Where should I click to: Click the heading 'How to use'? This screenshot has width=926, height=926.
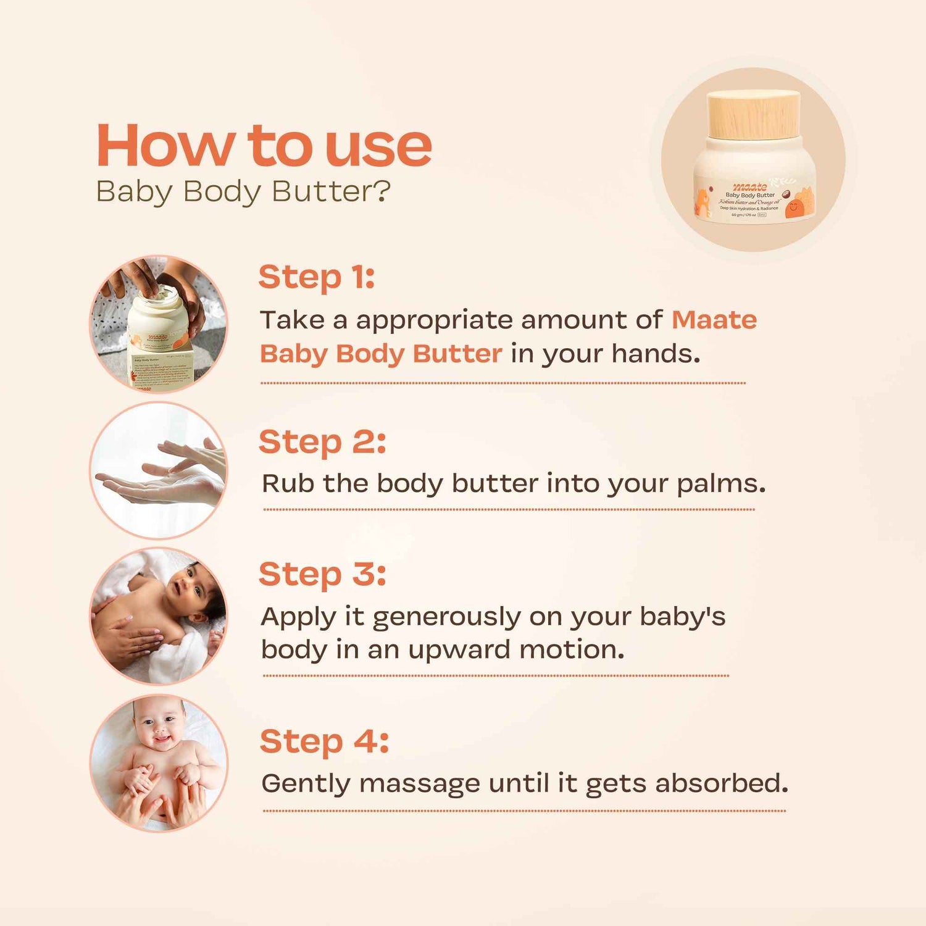pyautogui.click(x=264, y=146)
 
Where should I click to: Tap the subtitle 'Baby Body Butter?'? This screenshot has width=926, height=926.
pyautogui.click(x=243, y=191)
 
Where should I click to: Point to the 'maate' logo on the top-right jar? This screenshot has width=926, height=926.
pyautogui.click(x=749, y=186)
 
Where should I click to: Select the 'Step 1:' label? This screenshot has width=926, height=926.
pyautogui.click(x=316, y=277)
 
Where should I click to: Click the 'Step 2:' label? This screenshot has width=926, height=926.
pyautogui.click(x=322, y=442)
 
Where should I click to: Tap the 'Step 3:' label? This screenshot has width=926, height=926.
pyautogui.click(x=322, y=574)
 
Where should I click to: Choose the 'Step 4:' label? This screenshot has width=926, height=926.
pyautogui.click(x=324, y=741)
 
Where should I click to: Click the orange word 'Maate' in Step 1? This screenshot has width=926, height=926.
pyautogui.click(x=714, y=320)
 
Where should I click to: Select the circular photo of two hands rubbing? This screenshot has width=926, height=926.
pyautogui.click(x=159, y=470)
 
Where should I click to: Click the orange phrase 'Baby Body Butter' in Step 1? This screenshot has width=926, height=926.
pyautogui.click(x=380, y=354)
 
